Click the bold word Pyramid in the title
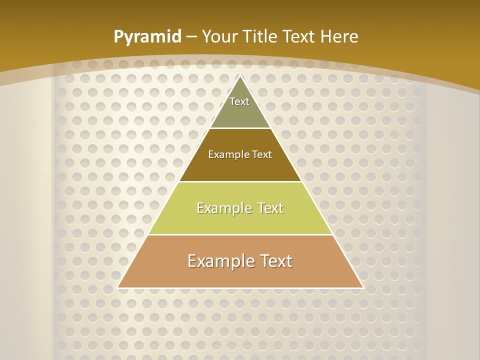147,37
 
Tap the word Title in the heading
260,36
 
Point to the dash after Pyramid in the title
191,37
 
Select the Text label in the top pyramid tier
239,101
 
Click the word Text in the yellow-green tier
270,208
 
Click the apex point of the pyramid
240,76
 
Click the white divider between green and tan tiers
240,234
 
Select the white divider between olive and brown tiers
240,128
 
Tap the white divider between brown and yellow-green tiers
240,181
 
